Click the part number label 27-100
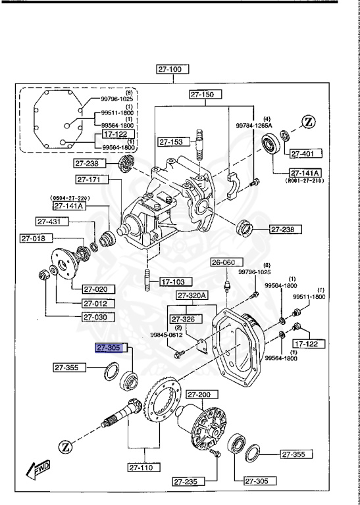tap(172, 68)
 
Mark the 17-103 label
tap(171, 282)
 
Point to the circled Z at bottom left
tap(66, 446)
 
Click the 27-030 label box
tap(99, 317)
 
